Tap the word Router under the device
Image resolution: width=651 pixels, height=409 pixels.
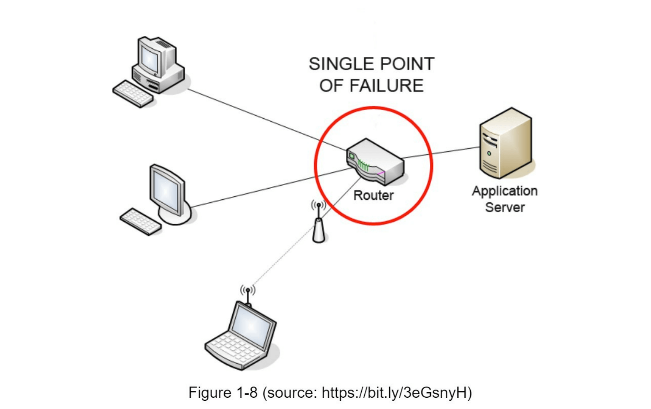pos(373,195)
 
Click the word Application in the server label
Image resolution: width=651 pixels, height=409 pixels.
pos(504,191)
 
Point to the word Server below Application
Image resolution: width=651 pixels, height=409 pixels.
pos(505,208)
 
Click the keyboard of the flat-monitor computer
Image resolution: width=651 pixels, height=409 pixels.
pos(140,221)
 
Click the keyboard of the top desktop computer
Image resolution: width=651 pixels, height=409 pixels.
pos(133,94)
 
